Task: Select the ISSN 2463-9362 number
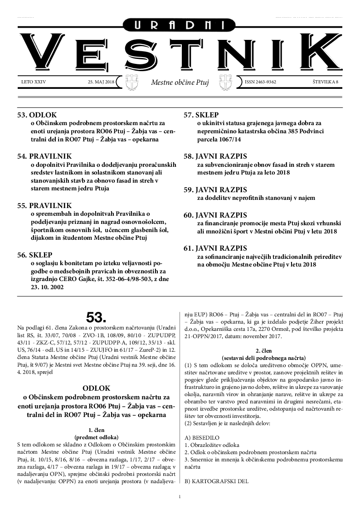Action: click(x=260, y=82)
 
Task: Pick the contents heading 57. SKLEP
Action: click(x=201, y=115)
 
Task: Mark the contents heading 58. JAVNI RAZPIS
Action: click(x=215, y=156)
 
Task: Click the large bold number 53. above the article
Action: click(x=96, y=316)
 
